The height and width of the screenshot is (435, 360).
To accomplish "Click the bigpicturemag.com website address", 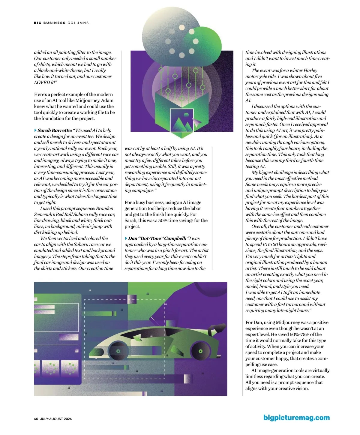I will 296,418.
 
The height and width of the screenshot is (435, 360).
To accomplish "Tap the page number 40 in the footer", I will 36,419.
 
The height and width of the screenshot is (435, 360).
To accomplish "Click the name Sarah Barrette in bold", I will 55,130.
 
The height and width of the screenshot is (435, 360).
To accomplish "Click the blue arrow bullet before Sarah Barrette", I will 36,130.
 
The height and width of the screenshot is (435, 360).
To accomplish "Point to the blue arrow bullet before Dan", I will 126,238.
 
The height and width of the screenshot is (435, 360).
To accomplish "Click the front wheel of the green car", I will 118,351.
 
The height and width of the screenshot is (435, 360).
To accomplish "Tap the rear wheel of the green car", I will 200,351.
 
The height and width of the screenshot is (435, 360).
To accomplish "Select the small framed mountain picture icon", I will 182,120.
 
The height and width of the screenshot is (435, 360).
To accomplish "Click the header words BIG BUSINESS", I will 50,23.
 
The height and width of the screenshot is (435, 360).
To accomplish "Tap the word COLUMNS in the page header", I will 78,23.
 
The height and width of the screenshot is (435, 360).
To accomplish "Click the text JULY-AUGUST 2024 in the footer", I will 56,419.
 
